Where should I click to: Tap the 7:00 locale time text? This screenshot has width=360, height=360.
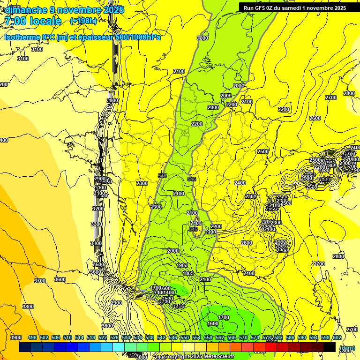(x=33, y=21)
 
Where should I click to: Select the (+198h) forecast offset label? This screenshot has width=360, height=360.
(x=83, y=21)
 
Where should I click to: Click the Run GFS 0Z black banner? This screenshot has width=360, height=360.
(x=294, y=7)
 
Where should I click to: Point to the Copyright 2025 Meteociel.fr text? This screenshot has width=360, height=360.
(x=199, y=357)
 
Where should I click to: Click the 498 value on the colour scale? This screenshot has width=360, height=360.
(x=32, y=337)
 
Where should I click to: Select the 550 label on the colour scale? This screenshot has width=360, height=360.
(x=185, y=337)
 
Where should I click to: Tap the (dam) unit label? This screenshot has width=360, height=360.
(x=346, y=348)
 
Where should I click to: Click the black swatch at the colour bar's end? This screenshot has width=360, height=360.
(x=330, y=347)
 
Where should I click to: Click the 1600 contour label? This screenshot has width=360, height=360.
(x=213, y=323)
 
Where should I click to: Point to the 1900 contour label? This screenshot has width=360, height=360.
(x=182, y=265)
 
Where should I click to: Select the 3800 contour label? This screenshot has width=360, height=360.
(x=28, y=307)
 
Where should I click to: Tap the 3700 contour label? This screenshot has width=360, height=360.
(x=40, y=281)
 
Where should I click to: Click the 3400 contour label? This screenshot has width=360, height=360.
(x=96, y=243)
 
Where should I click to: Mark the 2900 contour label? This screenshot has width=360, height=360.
(x=116, y=303)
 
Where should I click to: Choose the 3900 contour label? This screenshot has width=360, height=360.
(x=16, y=337)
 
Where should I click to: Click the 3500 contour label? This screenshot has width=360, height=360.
(x=98, y=264)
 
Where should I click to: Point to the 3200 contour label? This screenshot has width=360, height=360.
(x=97, y=209)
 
